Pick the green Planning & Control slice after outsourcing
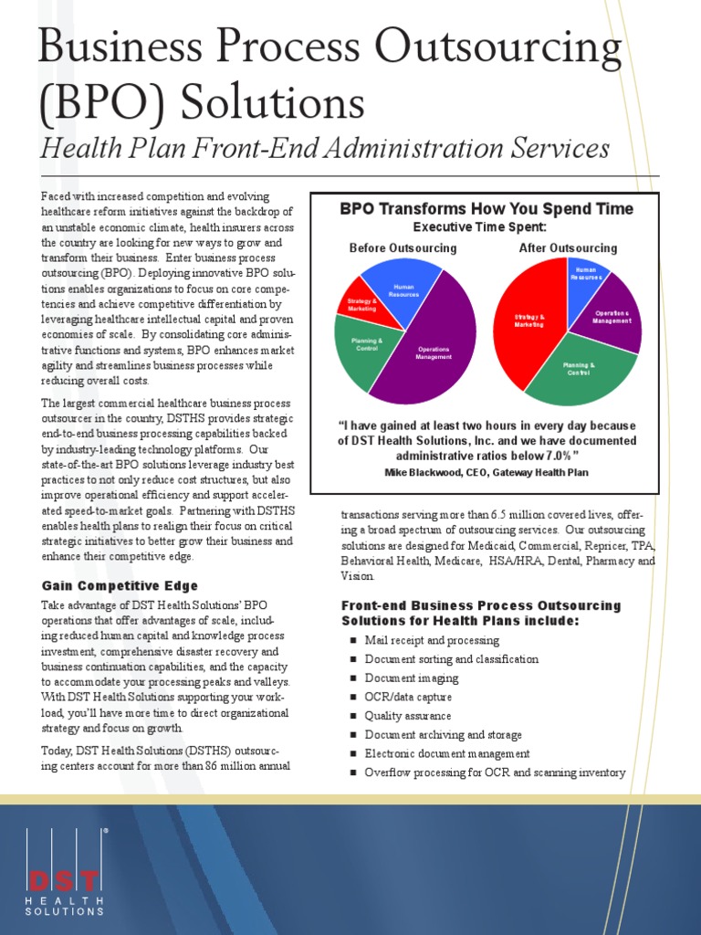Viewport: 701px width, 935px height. point(579,370)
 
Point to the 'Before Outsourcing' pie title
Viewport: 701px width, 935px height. point(403,248)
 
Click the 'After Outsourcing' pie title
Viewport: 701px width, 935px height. point(568,248)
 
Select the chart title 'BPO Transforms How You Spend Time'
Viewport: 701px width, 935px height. point(487,209)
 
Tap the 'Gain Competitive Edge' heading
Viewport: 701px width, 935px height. point(120,585)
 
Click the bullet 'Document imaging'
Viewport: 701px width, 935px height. point(411,678)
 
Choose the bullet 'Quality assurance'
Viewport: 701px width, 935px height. point(407,716)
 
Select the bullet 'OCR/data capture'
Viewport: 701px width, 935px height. point(409,698)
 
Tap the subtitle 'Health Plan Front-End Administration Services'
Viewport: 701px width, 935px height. point(323,148)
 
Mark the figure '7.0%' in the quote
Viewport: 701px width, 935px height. point(556,456)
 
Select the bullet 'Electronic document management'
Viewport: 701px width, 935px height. point(447,754)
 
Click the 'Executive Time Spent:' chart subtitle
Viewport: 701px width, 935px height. point(480,226)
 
